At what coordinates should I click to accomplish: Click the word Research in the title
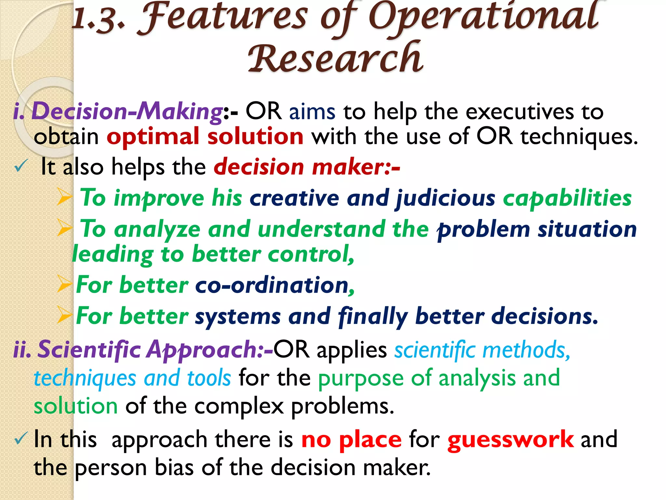coord(336,58)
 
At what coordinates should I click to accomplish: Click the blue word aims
coord(312,111)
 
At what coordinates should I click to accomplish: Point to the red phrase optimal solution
coord(205,136)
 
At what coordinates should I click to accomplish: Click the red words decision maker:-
coord(307,167)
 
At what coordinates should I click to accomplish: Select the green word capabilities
coord(567,198)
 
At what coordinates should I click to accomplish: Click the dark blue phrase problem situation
coord(537,229)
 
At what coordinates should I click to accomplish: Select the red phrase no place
coord(351,439)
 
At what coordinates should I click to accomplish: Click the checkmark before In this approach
coord(20,439)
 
